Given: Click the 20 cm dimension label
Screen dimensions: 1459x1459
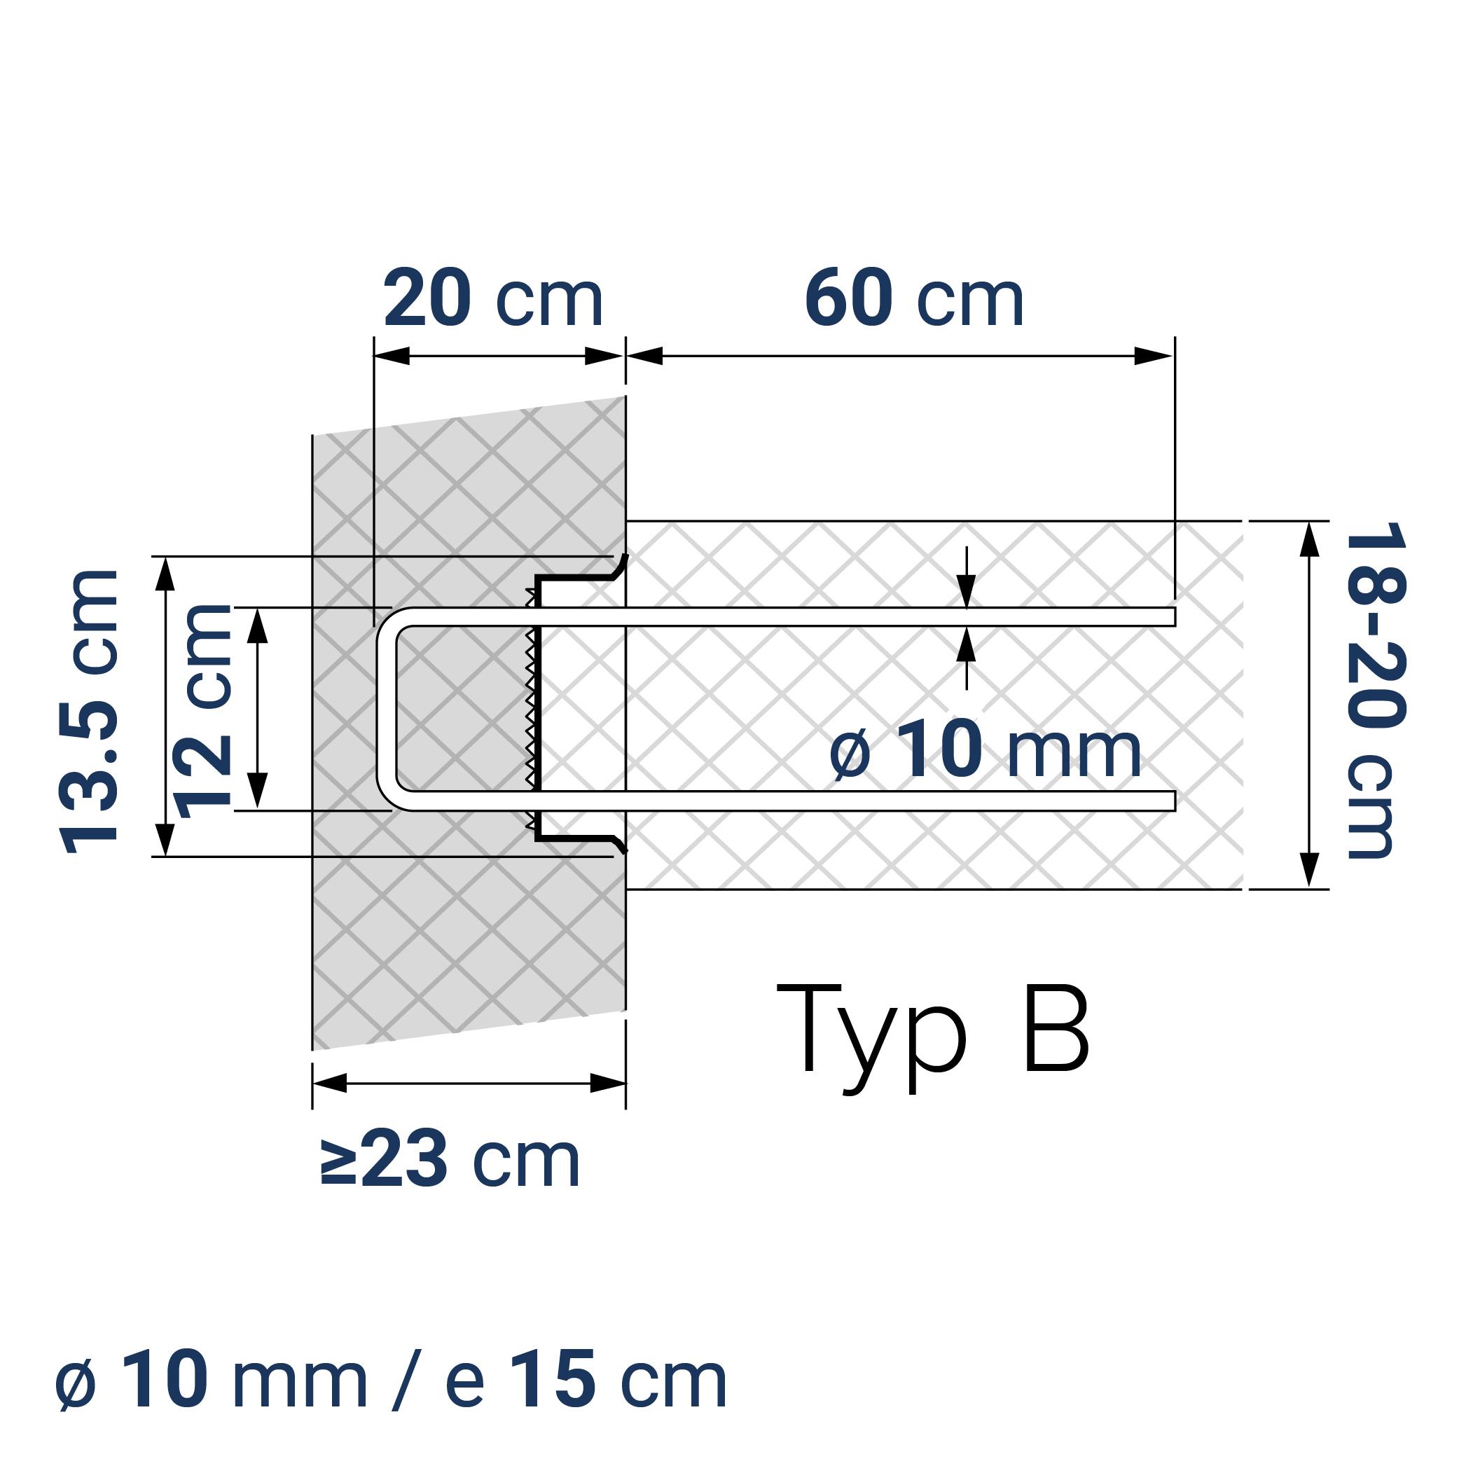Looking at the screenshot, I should [492, 298].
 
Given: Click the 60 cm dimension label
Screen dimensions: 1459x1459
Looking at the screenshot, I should [914, 298].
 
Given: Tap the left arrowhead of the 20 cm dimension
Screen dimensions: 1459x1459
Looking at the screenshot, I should [391, 356].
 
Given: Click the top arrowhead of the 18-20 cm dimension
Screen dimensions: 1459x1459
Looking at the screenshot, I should [1308, 538].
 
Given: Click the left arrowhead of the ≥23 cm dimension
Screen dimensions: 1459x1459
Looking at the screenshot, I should [329, 1083].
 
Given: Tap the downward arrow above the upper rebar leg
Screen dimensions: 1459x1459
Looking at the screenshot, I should [966, 590].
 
